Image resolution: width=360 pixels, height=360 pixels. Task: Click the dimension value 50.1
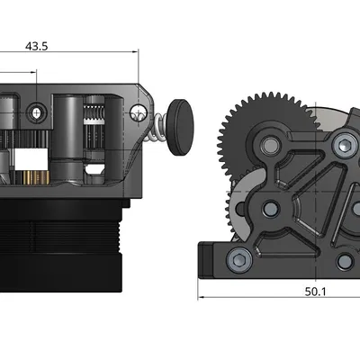pos(316,292)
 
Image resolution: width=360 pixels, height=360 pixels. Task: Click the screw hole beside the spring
pos(138,112)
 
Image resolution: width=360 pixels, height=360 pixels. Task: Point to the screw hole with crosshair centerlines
pos(37,112)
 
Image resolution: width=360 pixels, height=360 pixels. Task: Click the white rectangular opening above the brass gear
pos(30,156)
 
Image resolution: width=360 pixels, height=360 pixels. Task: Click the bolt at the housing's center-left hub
pos(268,210)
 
